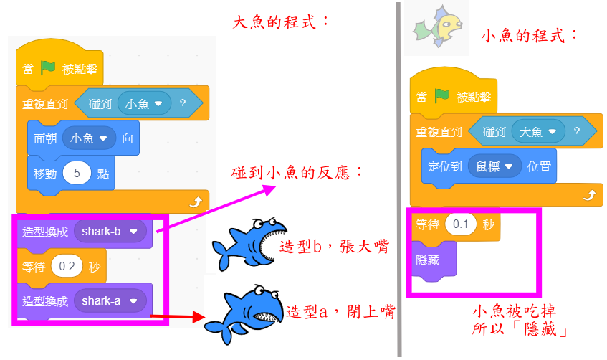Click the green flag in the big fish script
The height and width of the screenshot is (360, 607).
(48, 69)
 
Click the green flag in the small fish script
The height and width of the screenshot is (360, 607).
(442, 95)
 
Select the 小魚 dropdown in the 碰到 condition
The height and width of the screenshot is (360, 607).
(143, 104)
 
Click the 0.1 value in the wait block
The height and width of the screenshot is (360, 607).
(461, 224)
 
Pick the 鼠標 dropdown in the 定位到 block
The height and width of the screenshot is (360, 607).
(494, 166)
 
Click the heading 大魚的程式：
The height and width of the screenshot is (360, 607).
(282, 22)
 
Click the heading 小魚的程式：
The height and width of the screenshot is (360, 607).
(530, 35)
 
